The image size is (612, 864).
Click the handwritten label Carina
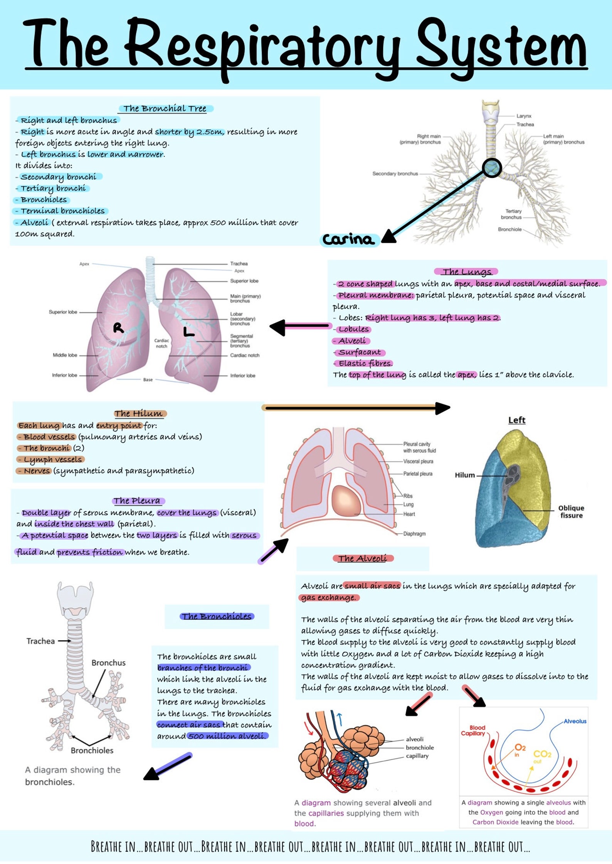(x=348, y=240)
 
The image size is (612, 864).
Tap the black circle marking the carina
(x=492, y=168)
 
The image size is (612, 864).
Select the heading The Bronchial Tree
(x=165, y=109)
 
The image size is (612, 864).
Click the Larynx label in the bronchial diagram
(x=524, y=116)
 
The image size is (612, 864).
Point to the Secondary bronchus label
(x=395, y=174)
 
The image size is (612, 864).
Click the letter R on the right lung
(x=119, y=328)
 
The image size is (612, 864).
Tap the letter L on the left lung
(x=188, y=332)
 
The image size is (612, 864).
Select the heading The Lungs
(x=467, y=272)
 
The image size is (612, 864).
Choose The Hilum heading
(x=139, y=414)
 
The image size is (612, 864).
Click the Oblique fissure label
(x=571, y=512)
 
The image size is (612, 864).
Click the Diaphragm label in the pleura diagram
(x=414, y=534)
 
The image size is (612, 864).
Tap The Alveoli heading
(x=362, y=558)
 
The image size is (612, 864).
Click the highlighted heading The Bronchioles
(x=217, y=617)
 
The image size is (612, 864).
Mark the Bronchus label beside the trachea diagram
(x=108, y=663)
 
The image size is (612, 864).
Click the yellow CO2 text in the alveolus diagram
(x=542, y=754)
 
